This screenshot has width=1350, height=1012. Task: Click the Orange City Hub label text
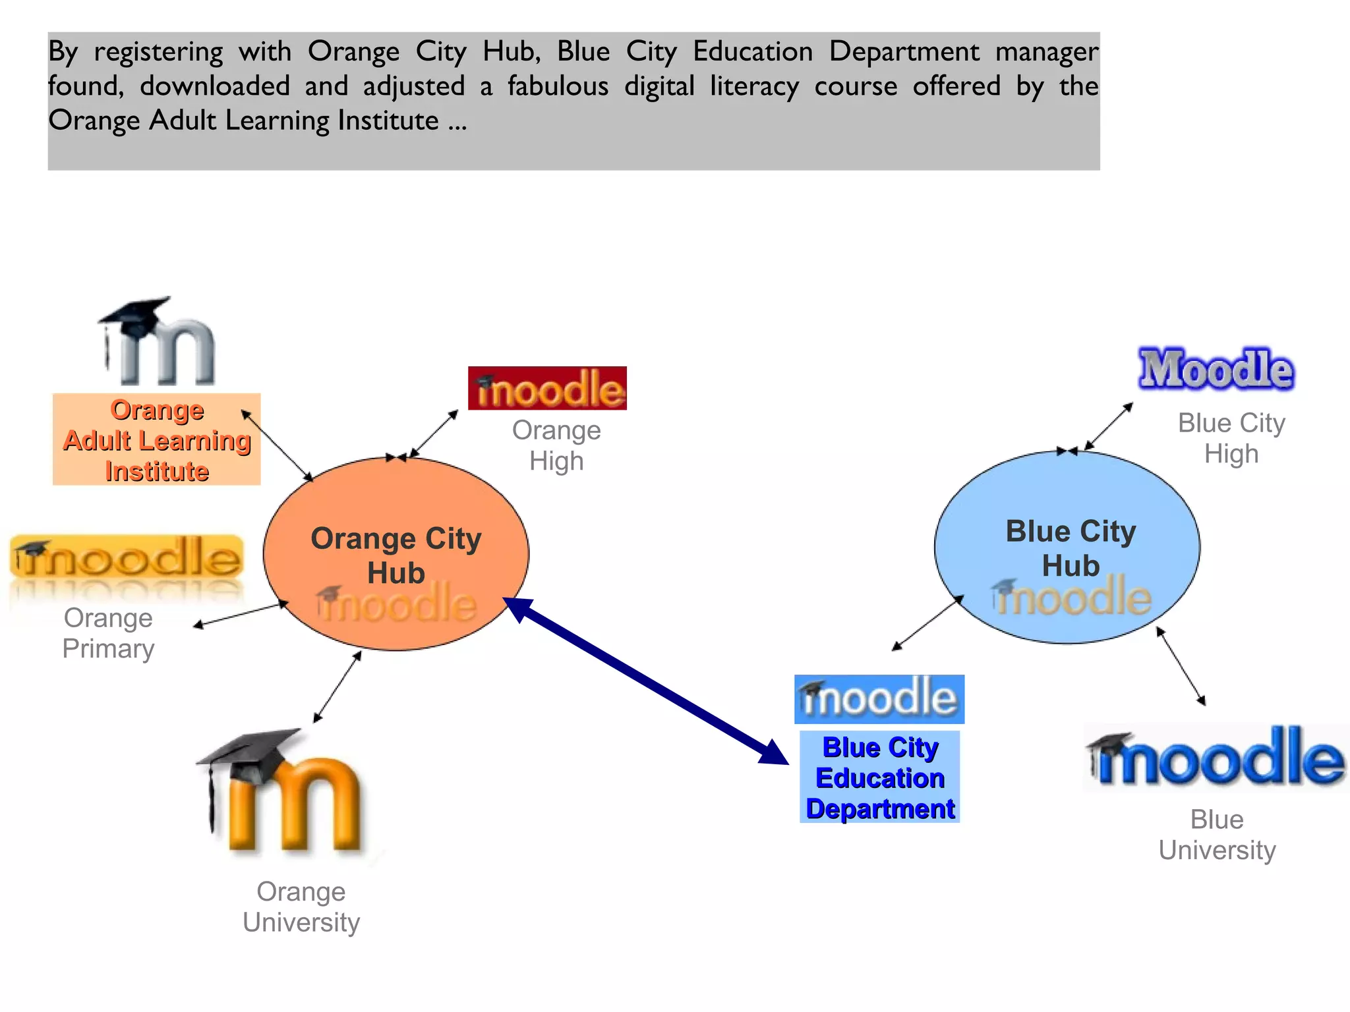(396, 555)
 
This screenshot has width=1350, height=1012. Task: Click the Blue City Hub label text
(1071, 548)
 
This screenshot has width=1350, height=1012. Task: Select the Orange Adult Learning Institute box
(157, 439)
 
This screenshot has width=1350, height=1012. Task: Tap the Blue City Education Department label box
(880, 777)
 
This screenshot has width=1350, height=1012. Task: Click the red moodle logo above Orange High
(547, 389)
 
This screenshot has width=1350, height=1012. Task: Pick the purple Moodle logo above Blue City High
(1216, 369)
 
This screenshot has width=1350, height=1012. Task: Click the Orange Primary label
(109, 633)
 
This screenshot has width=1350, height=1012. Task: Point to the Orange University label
(301, 907)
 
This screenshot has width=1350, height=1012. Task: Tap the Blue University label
(1217, 835)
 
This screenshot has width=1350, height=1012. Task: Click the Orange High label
(556, 445)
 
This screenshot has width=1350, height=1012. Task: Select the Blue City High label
(1231, 438)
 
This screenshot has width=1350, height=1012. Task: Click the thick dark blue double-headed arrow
(646, 681)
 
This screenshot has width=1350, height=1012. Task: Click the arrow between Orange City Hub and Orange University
(337, 687)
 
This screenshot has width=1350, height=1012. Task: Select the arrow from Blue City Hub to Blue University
(1181, 666)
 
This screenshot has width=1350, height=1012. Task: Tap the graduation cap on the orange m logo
(250, 753)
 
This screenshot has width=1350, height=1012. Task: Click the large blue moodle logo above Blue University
(1216, 758)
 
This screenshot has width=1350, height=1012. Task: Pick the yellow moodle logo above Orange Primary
(127, 558)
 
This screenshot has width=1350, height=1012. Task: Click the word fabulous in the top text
(558, 86)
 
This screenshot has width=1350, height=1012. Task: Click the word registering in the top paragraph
(158, 52)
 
